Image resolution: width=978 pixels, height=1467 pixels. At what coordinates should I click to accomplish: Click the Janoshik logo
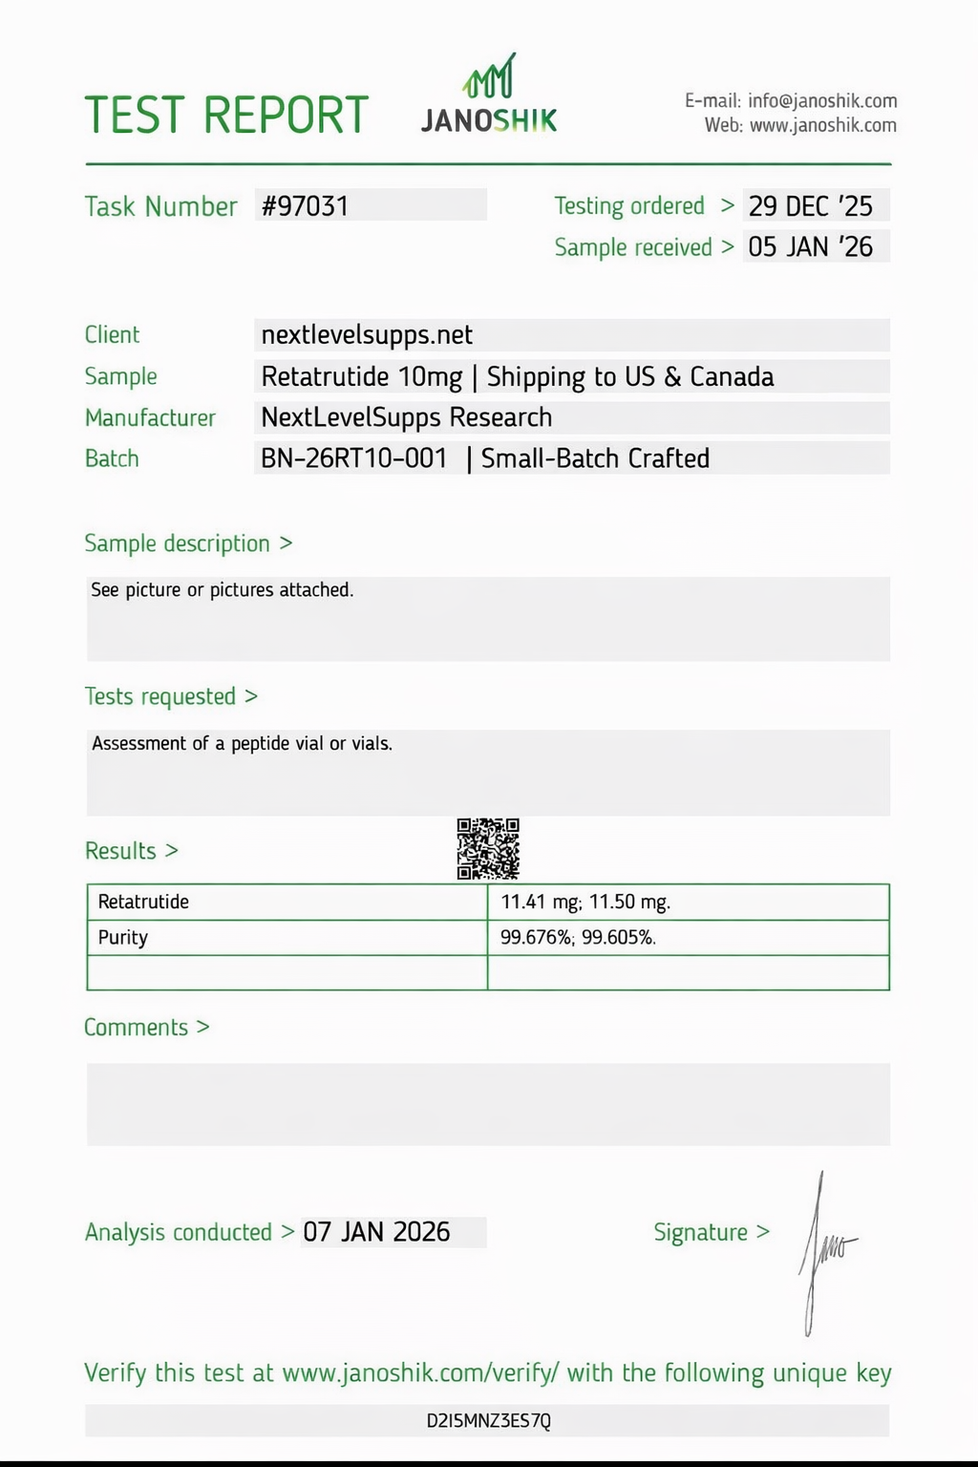[x=489, y=96]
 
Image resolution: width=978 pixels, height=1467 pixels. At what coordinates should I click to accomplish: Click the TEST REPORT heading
[x=226, y=116]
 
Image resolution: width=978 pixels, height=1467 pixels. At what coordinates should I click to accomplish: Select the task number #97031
[x=306, y=206]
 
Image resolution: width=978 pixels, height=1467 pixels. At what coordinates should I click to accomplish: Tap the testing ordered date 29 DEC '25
[x=810, y=206]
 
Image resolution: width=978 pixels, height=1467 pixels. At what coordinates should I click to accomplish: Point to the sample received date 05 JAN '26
[x=810, y=247]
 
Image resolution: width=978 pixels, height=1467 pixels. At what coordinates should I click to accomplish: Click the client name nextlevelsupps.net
[x=367, y=335]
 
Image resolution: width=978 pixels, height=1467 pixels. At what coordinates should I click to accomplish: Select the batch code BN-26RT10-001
[x=353, y=458]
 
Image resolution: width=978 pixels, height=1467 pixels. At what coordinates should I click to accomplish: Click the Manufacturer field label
[x=150, y=418]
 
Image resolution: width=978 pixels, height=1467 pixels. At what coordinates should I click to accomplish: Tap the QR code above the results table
[x=488, y=848]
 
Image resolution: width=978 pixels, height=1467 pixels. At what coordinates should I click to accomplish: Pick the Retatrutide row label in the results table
[x=143, y=902]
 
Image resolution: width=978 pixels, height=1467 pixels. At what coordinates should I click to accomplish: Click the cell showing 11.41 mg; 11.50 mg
[x=585, y=902]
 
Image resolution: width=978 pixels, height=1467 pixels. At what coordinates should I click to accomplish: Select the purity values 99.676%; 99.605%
[x=578, y=937]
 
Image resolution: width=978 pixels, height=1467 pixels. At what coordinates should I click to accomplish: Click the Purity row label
[x=123, y=937]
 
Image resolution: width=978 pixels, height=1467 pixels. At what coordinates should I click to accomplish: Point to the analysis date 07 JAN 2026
[x=376, y=1232]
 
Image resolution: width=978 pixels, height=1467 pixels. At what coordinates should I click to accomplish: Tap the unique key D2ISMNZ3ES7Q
[x=488, y=1421]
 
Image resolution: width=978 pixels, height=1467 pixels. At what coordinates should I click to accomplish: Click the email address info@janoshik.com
[x=822, y=101]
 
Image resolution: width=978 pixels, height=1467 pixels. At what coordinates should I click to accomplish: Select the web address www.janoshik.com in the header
[x=823, y=125]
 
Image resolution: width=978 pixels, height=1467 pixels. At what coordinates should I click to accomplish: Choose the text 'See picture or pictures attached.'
[x=223, y=590]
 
